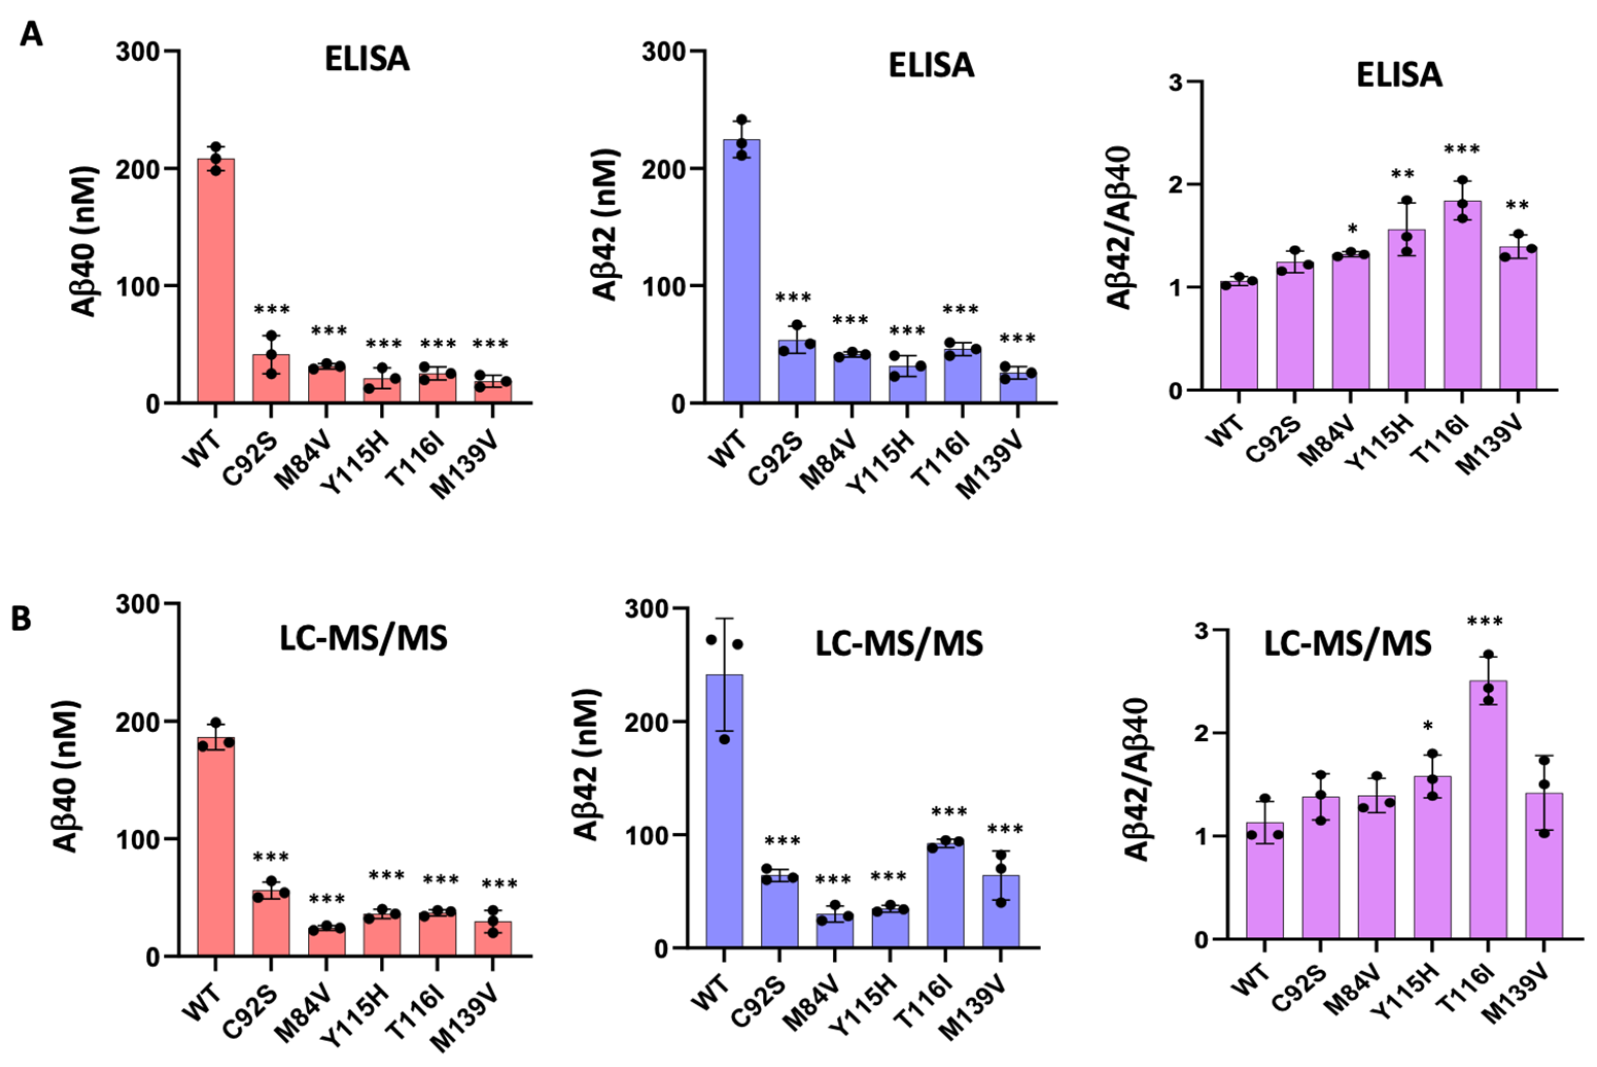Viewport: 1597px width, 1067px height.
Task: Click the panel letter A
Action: pyautogui.click(x=30, y=33)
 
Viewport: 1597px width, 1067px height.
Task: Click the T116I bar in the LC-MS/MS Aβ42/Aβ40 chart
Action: pyautogui.click(x=1488, y=810)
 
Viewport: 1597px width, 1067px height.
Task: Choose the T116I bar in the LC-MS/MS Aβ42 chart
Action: pyautogui.click(x=946, y=896)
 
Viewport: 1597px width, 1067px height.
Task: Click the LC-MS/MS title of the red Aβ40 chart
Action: pyautogui.click(x=364, y=638)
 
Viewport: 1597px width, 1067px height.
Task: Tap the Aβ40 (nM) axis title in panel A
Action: pyautogui.click(x=84, y=241)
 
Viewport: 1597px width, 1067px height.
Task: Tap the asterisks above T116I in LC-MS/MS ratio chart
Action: pyautogui.click(x=1485, y=621)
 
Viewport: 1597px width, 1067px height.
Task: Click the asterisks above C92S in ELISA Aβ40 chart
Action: pyautogui.click(x=272, y=310)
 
